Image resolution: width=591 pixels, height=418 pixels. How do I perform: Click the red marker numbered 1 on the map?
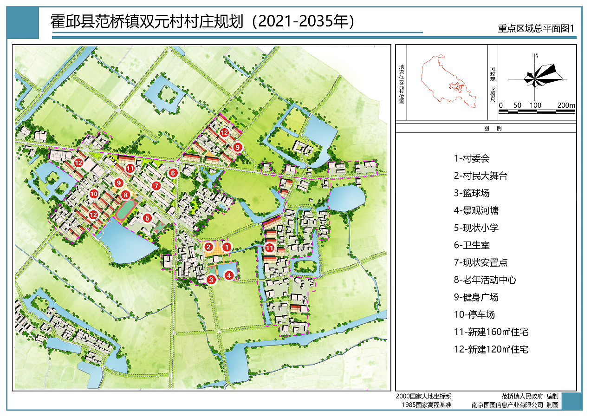click(227, 247)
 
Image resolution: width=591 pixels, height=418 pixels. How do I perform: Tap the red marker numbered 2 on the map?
click(209, 247)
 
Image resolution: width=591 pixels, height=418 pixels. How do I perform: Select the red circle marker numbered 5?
click(147, 217)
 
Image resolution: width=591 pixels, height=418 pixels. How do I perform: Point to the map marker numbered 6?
click(173, 173)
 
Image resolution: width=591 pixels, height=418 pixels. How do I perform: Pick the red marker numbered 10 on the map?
click(94, 194)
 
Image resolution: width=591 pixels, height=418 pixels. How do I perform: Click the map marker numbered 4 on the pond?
click(229, 275)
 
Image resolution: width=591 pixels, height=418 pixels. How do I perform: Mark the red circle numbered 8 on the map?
click(125, 195)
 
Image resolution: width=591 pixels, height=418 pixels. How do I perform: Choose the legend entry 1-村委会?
click(472, 158)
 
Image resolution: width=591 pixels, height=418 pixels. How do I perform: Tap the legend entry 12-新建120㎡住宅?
click(491, 349)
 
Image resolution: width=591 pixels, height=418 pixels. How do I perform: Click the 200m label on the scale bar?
click(566, 105)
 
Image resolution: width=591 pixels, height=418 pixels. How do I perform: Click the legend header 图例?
click(486, 128)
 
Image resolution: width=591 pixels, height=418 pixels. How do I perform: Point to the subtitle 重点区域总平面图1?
click(536, 28)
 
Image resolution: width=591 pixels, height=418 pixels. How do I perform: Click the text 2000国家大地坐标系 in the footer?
click(423, 396)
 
